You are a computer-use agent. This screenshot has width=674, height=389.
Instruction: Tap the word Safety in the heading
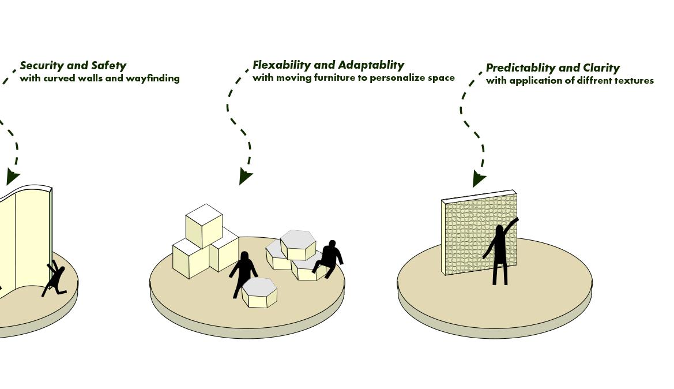[x=108, y=66]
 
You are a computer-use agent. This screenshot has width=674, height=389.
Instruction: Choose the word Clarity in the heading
[x=601, y=68]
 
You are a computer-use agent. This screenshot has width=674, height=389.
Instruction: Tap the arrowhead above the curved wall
[x=12, y=177]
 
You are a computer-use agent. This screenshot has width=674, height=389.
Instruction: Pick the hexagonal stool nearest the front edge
[x=259, y=293]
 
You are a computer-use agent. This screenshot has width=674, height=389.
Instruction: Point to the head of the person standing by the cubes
[x=244, y=256]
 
